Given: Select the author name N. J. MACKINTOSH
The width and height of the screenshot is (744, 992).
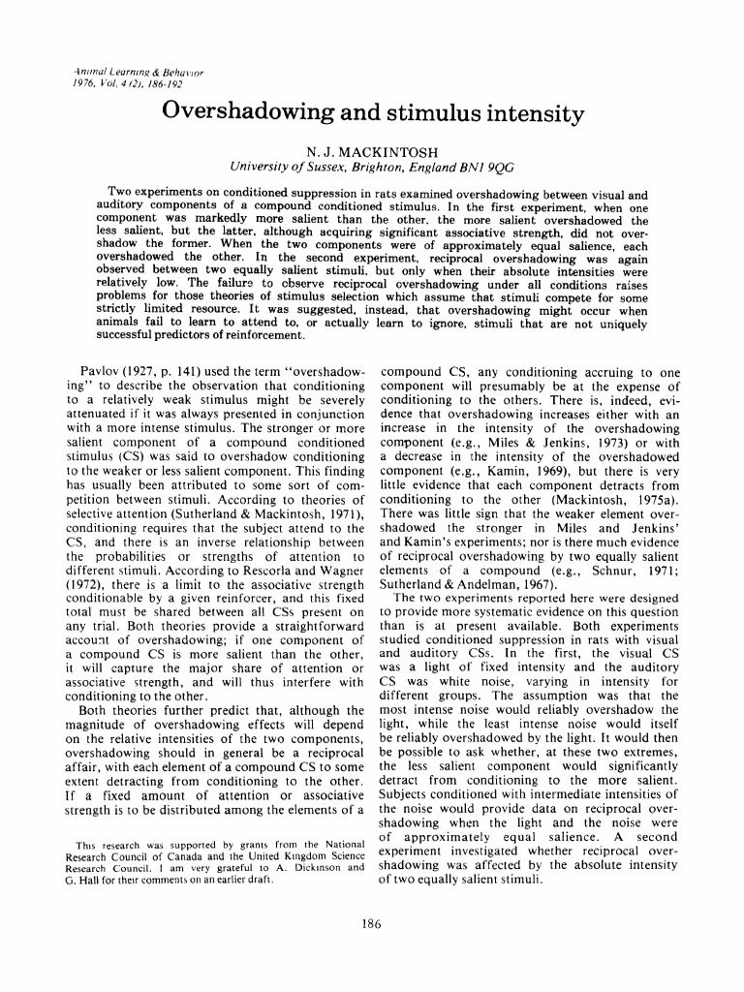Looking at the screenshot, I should (372, 152).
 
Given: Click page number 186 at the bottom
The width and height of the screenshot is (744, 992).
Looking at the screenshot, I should (371, 922).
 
